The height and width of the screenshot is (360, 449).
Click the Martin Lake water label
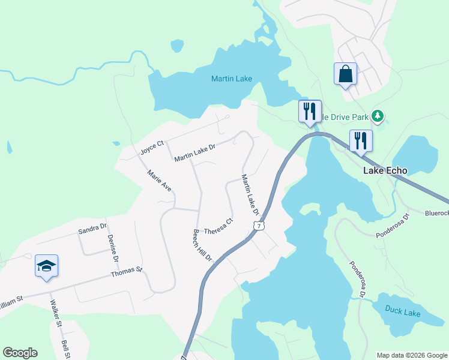click(231, 79)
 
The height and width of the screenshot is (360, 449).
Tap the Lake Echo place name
click(385, 170)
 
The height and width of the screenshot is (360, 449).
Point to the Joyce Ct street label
click(152, 148)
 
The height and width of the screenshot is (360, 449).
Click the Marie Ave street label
click(160, 181)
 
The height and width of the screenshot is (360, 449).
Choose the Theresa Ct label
click(218, 227)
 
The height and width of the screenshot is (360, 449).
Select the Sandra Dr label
click(92, 228)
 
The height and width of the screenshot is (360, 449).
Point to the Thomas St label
click(126, 272)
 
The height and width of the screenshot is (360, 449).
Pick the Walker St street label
click(56, 314)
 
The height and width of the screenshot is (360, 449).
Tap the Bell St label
click(65, 350)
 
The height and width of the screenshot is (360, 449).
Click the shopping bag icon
click(345, 74)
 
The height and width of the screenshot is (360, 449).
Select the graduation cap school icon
click(46, 265)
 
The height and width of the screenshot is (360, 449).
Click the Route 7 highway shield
click(258, 225)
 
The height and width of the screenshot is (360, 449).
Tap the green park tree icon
click(378, 115)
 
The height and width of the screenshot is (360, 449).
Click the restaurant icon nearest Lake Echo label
click(361, 141)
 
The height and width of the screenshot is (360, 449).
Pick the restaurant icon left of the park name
click(310, 111)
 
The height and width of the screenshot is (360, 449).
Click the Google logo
click(20, 353)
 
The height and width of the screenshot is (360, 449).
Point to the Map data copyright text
click(412, 355)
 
